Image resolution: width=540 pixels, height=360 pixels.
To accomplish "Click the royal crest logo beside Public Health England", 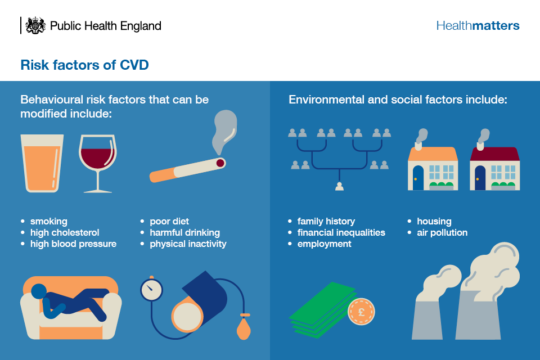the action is pos(35,25).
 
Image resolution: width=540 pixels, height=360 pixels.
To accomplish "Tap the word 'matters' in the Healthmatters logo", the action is pos(496,25).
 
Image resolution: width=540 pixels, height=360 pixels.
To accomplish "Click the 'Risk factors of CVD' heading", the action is pos(84,65).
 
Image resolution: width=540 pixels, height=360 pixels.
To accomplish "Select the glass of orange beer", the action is pos(42,163).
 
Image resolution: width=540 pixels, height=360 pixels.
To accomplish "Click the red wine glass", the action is pos(98,163).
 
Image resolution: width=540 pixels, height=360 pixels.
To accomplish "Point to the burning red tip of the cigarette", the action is pos(220,163).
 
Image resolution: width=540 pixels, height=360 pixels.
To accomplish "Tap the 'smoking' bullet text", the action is pos(48,221).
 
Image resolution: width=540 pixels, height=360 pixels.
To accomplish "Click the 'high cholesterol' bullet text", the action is pos(65,232).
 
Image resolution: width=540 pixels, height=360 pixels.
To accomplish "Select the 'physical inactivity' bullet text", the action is pos(188,244).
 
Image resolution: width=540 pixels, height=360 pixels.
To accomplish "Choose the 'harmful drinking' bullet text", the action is pos(184,232).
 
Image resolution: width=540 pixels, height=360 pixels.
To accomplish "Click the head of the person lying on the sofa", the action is pos(39,291).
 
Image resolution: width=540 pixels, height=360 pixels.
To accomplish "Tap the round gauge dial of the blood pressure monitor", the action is pos(151,290).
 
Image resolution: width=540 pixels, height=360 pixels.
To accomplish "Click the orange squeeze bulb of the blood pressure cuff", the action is pos(244,327).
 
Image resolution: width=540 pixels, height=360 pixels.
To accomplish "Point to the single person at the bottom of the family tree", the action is pos(339,186).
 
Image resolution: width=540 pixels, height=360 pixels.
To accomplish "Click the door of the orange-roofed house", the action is pos(418,178).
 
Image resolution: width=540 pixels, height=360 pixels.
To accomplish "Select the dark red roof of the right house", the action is pos(494,154).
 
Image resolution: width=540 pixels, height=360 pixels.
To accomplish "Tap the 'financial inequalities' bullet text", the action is pos(341,232).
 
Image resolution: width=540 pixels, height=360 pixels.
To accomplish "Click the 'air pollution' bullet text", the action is pos(442,232).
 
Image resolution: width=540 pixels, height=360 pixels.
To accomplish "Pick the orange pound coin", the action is pos(361,312).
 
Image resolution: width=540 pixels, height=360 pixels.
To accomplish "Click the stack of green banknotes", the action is pos(321,310).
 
